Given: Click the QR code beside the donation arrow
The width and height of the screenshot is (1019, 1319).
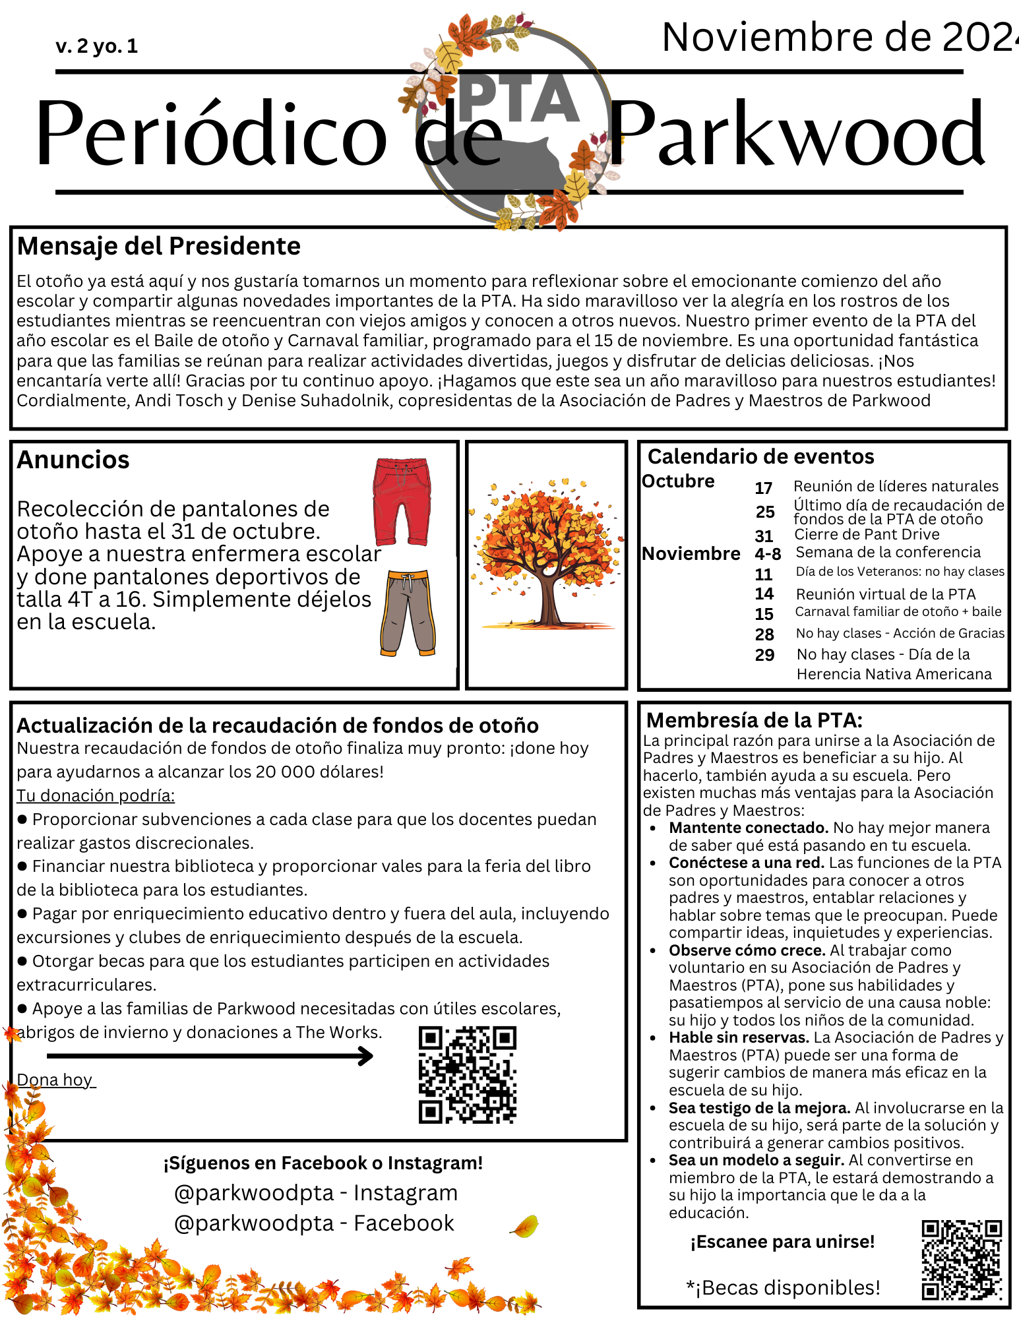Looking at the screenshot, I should (x=468, y=1074).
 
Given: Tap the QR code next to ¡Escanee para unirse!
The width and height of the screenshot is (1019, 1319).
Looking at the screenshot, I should (x=962, y=1260).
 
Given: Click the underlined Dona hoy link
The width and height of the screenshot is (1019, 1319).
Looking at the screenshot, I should (x=56, y=1080).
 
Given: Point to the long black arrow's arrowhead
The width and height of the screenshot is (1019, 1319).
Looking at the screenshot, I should (x=366, y=1057).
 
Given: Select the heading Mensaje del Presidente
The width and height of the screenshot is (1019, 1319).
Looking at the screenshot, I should (x=159, y=246).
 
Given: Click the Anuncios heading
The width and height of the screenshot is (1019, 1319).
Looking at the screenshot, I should (x=73, y=460).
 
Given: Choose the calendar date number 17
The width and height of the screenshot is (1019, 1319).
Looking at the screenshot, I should (x=763, y=488).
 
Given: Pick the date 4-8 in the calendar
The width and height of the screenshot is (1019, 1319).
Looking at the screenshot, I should (x=768, y=554).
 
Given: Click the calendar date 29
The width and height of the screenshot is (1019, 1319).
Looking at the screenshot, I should (x=764, y=655).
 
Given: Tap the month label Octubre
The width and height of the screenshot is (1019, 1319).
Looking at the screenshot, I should (x=678, y=481).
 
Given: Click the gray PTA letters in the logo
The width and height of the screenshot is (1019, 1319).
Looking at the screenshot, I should (x=519, y=99).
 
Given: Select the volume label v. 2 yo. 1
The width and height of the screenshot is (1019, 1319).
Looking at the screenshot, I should (x=97, y=46).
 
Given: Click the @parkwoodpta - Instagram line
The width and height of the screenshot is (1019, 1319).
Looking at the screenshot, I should (x=316, y=1193).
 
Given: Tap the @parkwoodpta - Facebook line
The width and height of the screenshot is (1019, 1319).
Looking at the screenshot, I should (x=314, y=1223).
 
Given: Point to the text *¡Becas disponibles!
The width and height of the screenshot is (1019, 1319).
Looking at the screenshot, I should (x=783, y=1287).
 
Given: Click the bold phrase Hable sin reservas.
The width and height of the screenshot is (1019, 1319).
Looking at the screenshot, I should (x=738, y=1037).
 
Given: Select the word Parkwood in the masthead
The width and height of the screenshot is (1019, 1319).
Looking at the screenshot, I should (x=797, y=134).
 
